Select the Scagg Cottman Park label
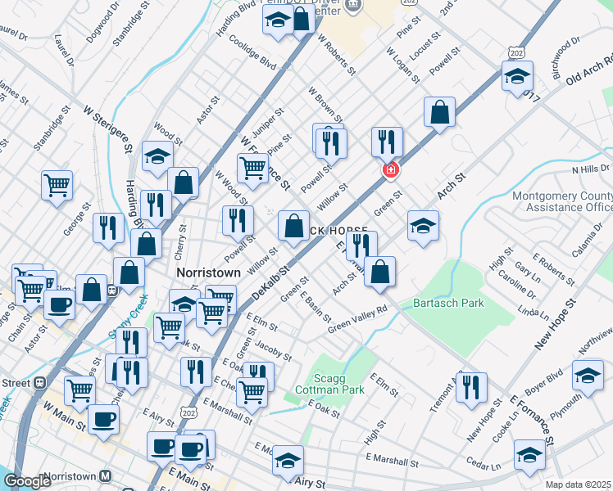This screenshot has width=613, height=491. [339, 385]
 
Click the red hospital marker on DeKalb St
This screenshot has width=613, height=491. [391, 170]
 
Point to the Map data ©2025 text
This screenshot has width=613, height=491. [578, 484]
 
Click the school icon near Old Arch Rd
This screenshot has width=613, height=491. [518, 78]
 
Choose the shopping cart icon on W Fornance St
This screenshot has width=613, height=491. [252, 169]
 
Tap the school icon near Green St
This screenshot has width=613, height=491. [423, 226]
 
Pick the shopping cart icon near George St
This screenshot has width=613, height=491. [57, 185]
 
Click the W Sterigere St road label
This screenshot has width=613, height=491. [107, 128]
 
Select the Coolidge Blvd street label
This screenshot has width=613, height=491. [252, 52]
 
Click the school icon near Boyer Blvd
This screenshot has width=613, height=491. [587, 376]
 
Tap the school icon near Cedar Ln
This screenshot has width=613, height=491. [529, 455]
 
